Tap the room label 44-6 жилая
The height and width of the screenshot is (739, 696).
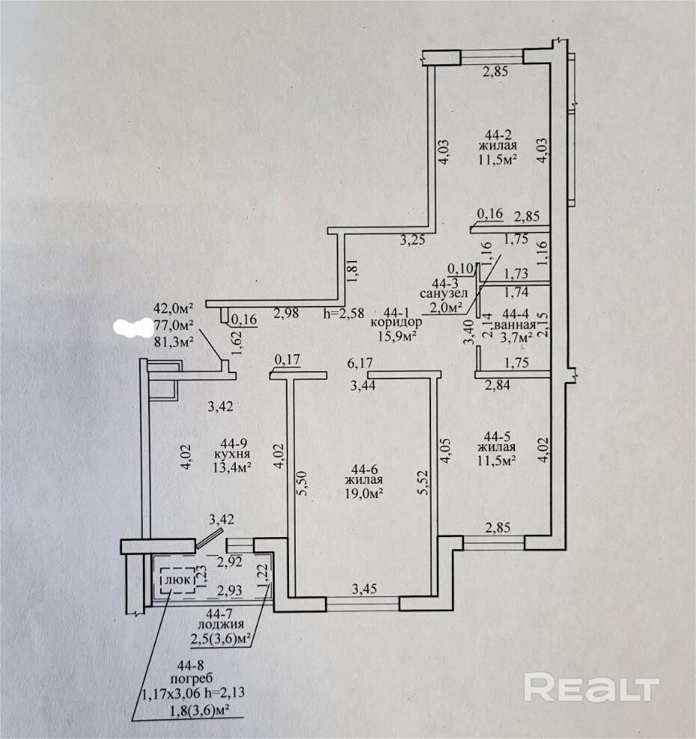click(364, 473)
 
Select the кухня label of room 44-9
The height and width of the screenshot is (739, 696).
click(231, 454)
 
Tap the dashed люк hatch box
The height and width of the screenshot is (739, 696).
click(177, 579)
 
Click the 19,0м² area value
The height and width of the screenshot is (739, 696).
click(364, 494)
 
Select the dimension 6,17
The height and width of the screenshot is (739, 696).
click(361, 364)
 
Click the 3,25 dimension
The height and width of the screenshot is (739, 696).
click(412, 240)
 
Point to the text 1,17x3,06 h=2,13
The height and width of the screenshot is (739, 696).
click(192, 693)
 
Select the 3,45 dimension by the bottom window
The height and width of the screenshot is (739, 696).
click(364, 589)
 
